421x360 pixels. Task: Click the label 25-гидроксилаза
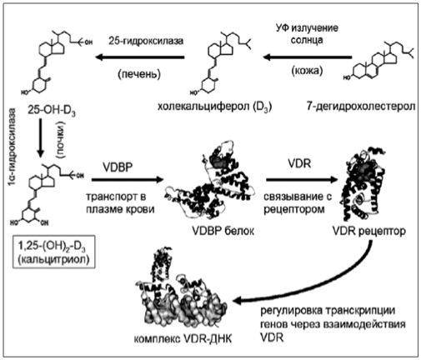click(x=146, y=41)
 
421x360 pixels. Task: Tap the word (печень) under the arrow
click(x=139, y=74)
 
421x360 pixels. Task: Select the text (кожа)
click(x=307, y=71)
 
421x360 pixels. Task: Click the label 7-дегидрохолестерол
click(x=361, y=107)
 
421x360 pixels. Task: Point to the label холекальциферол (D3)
click(x=214, y=107)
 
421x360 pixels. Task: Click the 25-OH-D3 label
click(x=52, y=111)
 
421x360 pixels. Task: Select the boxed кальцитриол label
click(x=54, y=252)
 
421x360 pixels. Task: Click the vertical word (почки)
click(x=61, y=140)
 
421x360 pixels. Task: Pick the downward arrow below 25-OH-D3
click(x=41, y=137)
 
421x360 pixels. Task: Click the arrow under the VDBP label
click(x=128, y=180)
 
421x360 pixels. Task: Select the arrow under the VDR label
click(x=302, y=180)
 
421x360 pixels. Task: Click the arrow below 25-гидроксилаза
click(x=140, y=57)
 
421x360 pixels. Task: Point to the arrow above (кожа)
click(x=308, y=57)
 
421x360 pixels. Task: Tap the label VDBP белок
click(x=223, y=231)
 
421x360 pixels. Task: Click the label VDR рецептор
click(x=369, y=231)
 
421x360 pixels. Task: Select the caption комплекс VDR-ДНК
click(x=183, y=339)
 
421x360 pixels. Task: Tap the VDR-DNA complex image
click(x=181, y=288)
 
